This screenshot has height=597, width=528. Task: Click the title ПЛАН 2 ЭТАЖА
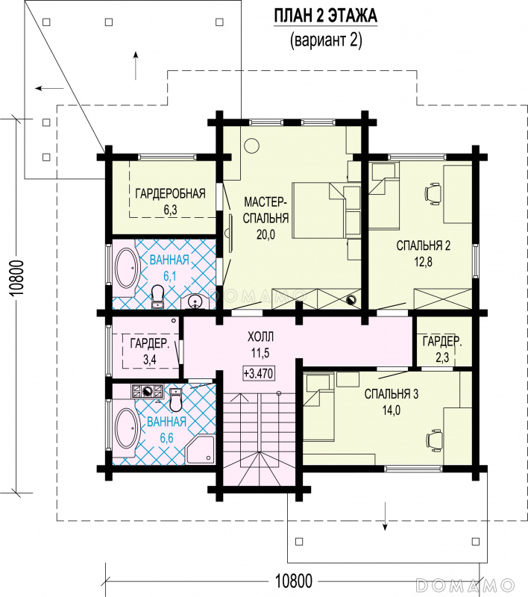[326, 16]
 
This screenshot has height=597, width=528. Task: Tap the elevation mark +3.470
[258, 373]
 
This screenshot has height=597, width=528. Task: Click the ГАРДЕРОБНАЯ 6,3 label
[171, 200]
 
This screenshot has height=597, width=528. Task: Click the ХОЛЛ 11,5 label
[260, 345]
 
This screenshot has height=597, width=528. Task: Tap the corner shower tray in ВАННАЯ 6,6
[200, 450]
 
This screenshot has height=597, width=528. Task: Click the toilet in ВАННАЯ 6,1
[157, 296]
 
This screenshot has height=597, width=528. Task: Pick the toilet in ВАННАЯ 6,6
[175, 400]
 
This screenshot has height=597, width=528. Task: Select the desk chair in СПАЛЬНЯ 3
[433, 440]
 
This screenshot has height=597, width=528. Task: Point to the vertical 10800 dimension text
[17, 278]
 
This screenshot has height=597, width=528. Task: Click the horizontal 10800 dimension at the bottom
[293, 581]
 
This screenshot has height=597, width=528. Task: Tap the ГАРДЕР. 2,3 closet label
[442, 348]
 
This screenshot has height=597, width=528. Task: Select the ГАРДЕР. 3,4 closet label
[149, 351]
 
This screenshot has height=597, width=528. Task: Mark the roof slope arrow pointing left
[49, 89]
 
